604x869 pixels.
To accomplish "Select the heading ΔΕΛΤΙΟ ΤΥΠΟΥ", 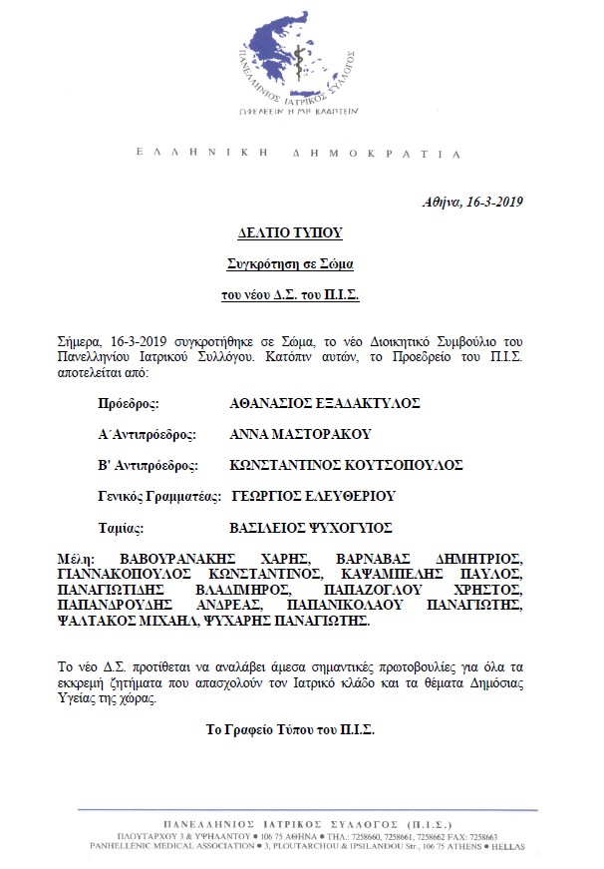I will [x=289, y=232].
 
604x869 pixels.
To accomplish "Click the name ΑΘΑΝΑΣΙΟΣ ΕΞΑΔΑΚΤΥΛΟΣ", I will [x=324, y=404].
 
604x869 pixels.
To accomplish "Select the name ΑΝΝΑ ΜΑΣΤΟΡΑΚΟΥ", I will [x=300, y=434].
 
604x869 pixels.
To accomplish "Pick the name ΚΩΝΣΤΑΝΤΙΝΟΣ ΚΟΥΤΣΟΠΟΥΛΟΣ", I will [x=346, y=465].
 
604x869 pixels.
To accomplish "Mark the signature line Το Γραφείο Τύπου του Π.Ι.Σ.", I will [x=289, y=729].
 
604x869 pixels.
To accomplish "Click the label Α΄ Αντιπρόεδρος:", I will [x=147, y=434].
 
